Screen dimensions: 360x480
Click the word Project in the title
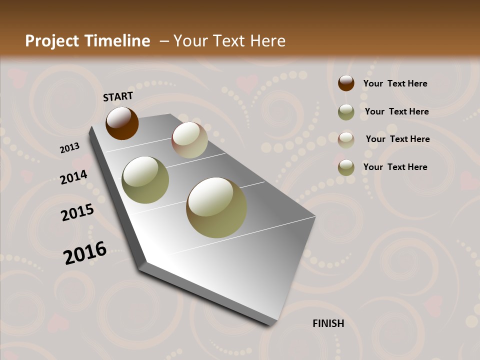point(51,41)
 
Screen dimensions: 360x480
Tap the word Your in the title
point(189,41)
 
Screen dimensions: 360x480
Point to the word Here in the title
point(267,41)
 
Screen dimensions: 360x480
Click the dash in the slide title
point(164,41)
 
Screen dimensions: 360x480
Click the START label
point(118,96)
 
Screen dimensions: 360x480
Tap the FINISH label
point(328,323)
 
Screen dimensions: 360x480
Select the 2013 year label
point(69,148)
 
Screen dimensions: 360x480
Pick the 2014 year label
point(73,177)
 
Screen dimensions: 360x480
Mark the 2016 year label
point(85,253)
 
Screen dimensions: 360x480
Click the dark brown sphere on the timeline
point(122,123)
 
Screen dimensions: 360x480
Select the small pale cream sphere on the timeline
point(189,140)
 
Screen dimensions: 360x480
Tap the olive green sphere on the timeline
point(145,180)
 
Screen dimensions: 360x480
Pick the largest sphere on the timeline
point(216,207)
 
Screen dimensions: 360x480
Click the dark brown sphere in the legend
point(346,83)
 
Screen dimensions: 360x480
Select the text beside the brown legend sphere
point(395,83)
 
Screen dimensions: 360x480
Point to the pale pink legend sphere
point(346,139)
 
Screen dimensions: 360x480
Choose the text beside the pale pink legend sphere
point(397,139)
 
